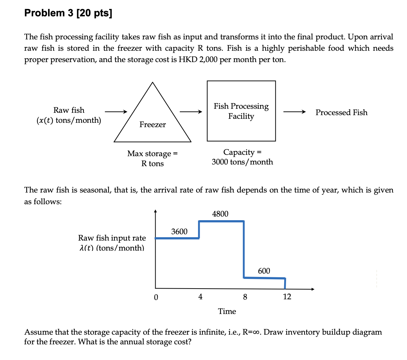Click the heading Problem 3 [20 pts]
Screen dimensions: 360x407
68,13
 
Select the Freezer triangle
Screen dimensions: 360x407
153,117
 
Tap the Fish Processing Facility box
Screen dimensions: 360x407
241,111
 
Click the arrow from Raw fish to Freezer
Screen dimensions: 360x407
116,112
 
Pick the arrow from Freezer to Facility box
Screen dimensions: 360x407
191,112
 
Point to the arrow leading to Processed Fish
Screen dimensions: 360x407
294,112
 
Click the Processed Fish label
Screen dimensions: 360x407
341,112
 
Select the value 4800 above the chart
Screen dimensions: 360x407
220,214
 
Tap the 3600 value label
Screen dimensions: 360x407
179,232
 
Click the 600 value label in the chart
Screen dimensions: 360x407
264,271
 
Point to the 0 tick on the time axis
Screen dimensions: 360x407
156,297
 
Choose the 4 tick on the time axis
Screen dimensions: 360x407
200,297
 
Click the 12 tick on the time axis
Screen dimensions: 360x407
287,297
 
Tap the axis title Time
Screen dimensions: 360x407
227,311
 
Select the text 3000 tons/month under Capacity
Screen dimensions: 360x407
242,162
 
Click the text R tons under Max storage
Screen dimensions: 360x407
153,163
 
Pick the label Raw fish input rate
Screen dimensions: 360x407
112,238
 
